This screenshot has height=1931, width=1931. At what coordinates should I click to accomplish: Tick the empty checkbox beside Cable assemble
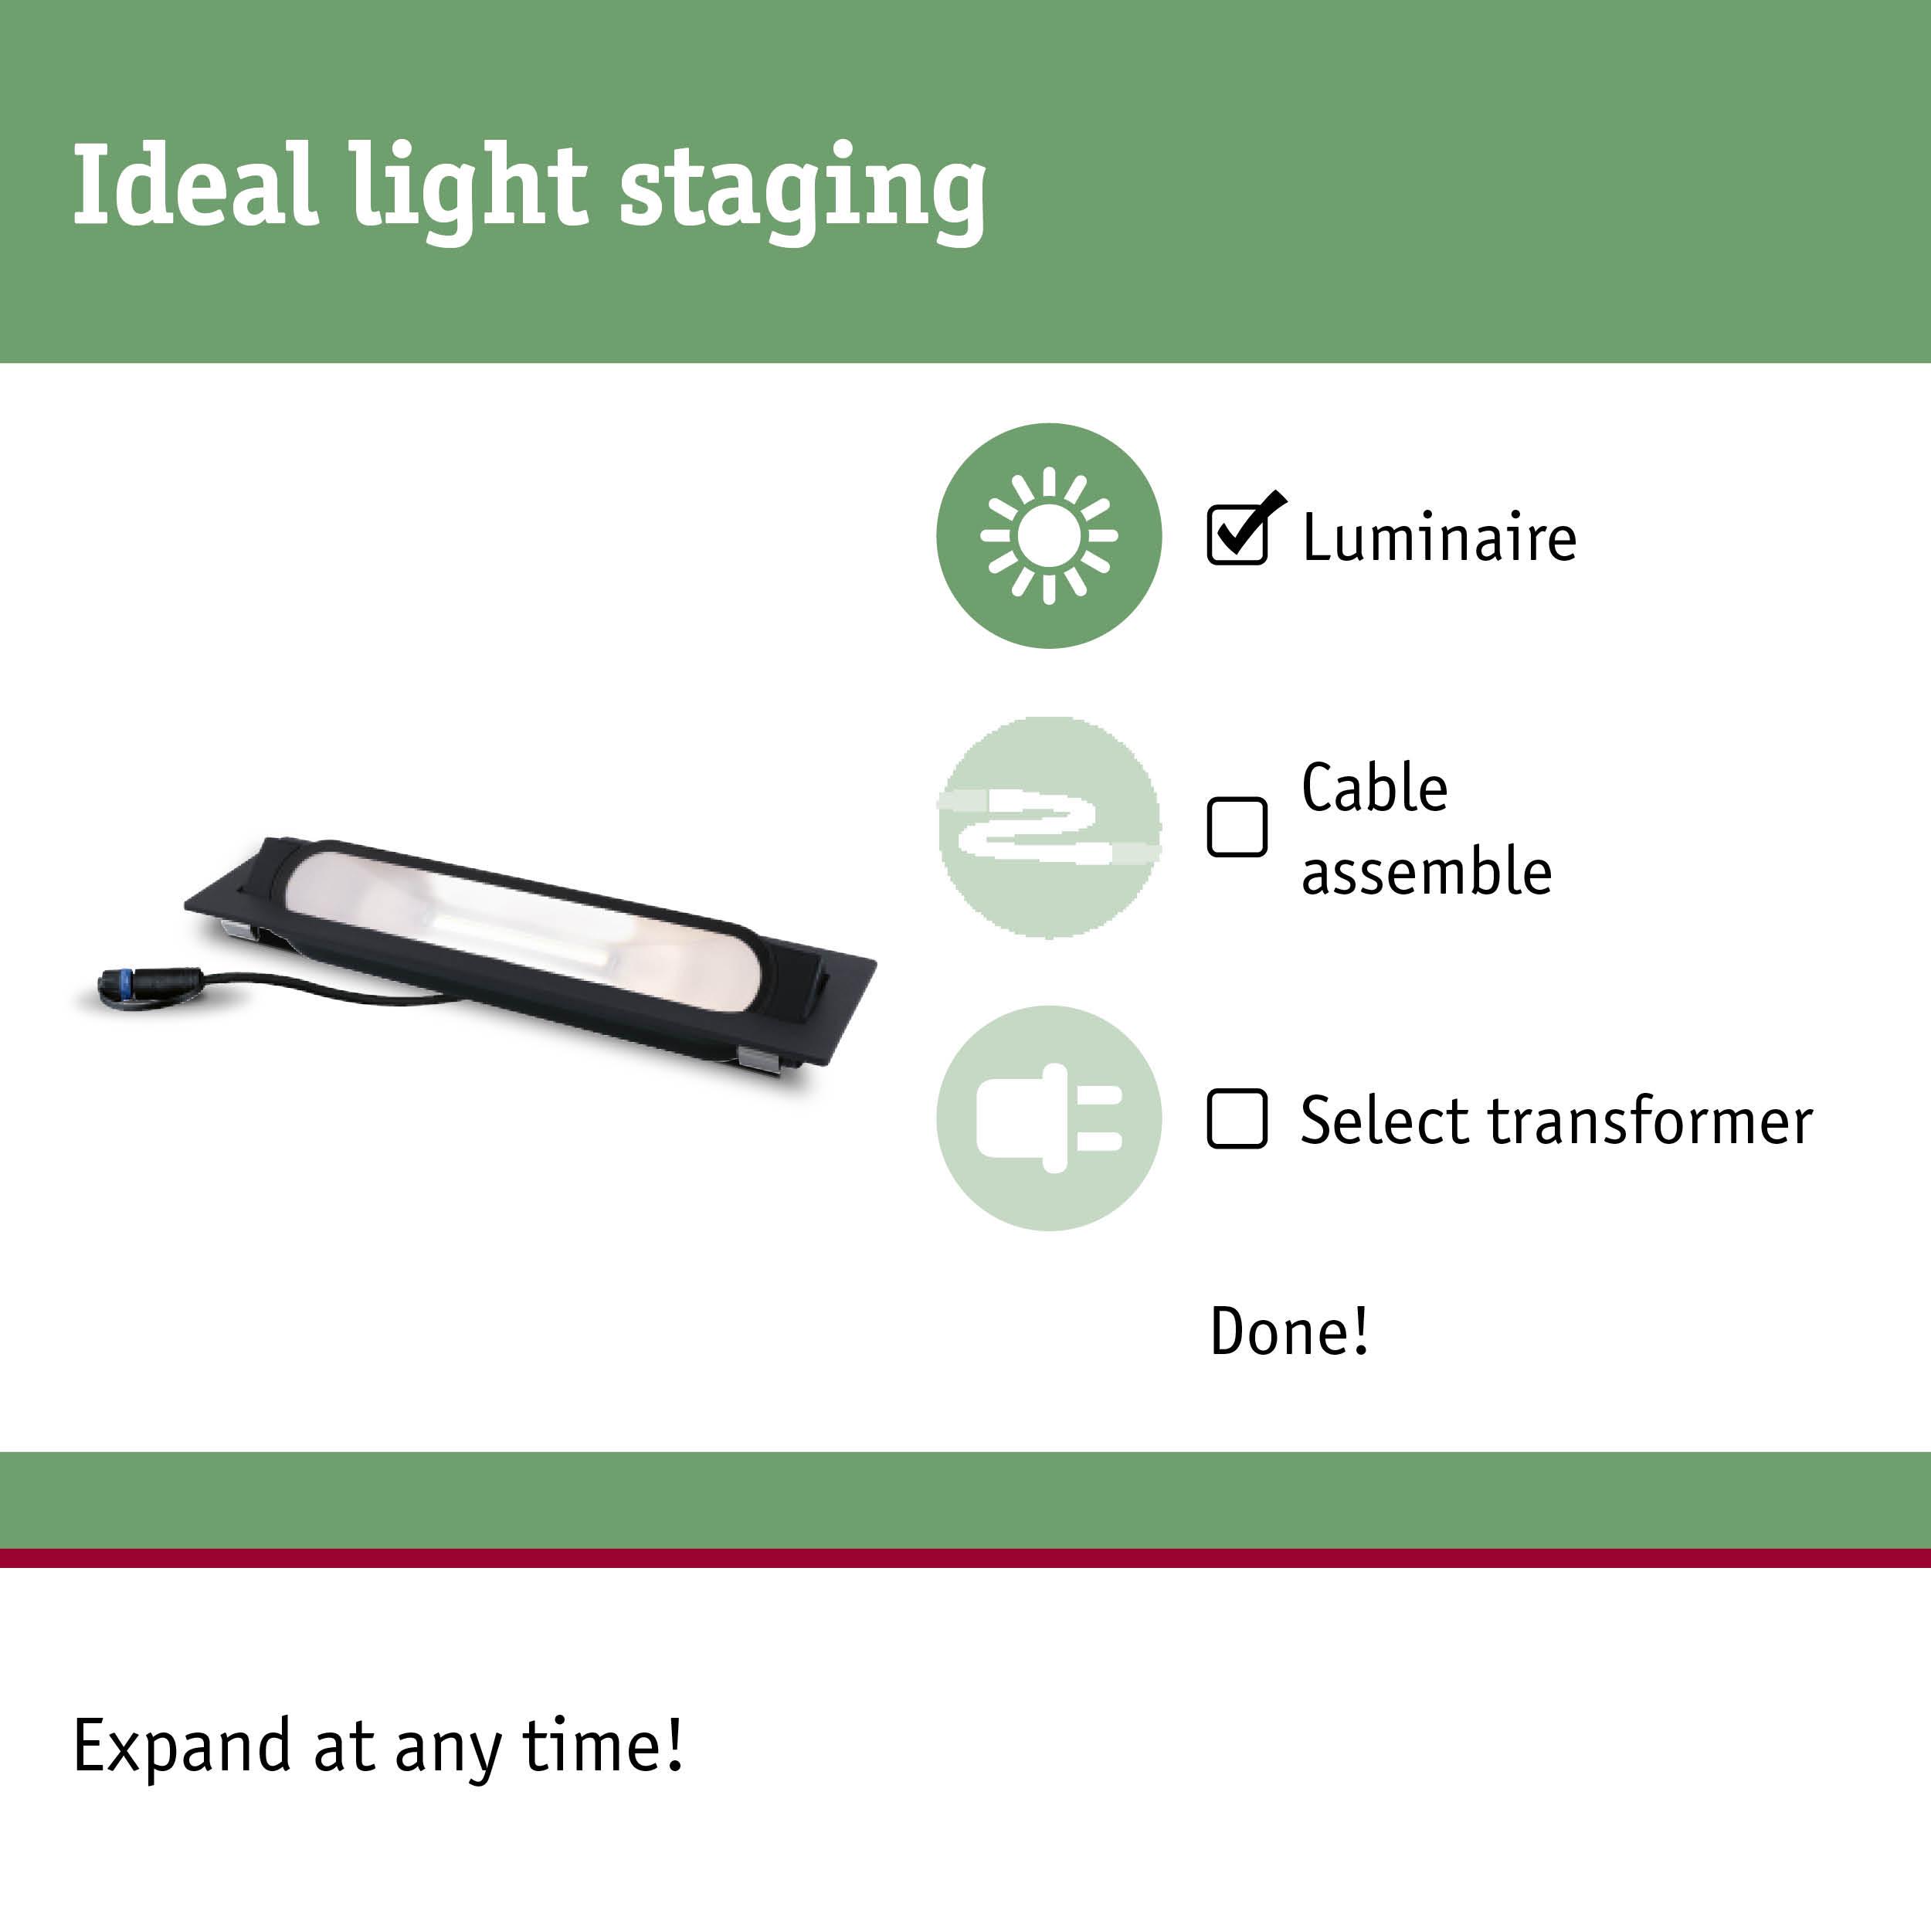1237,826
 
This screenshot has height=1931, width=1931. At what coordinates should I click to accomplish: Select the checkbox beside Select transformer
1237,1118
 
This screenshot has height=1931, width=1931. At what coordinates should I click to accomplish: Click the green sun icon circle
1048,536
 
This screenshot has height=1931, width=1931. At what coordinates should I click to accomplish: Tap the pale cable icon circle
1048,827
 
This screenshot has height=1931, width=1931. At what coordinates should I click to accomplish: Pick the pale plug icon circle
1048,1118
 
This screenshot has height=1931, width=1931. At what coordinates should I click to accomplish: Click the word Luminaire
1439,538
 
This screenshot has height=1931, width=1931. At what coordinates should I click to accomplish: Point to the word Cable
1374,789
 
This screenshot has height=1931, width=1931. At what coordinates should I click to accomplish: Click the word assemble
1427,871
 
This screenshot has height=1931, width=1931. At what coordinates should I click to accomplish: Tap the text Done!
1289,1332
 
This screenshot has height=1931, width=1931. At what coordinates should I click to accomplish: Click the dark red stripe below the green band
965,1558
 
